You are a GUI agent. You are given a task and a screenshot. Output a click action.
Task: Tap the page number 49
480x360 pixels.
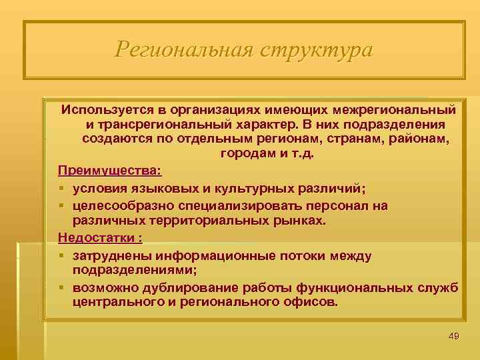click(454, 335)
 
